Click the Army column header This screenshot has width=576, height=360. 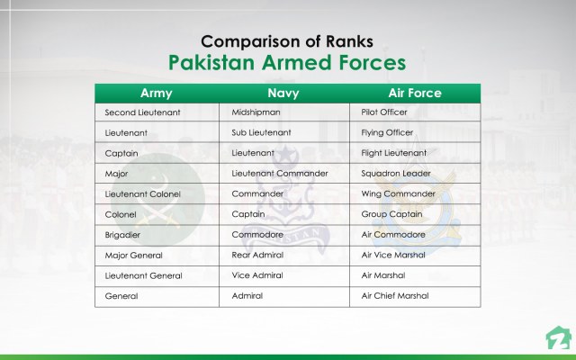point(157,93)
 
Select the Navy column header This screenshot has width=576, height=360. point(285,93)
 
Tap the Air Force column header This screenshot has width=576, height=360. point(413,93)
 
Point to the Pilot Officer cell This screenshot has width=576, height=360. point(384,112)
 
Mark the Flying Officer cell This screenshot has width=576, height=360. point(387,132)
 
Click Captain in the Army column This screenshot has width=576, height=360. point(121,153)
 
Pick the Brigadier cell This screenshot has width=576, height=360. point(123,234)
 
